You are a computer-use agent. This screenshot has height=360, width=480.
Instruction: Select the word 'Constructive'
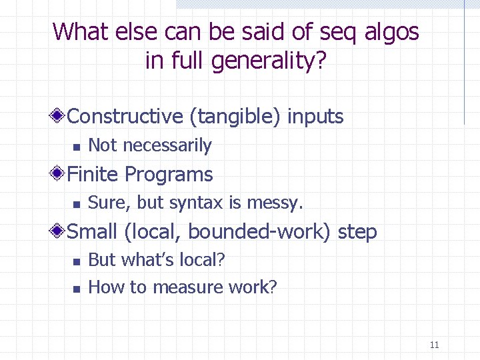click(x=125, y=116)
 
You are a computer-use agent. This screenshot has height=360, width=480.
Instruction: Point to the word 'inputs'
click(x=315, y=116)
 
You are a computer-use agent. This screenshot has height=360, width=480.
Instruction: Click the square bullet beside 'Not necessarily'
click(x=77, y=147)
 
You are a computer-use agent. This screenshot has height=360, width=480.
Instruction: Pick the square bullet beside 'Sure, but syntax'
click(x=77, y=204)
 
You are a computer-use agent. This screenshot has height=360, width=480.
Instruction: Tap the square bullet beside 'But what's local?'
click(x=77, y=261)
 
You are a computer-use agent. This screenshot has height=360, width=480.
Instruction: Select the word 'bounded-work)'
click(x=260, y=232)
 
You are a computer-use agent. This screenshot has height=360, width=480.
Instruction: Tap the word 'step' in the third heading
click(x=357, y=232)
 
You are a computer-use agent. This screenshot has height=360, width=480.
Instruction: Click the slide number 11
click(x=435, y=345)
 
